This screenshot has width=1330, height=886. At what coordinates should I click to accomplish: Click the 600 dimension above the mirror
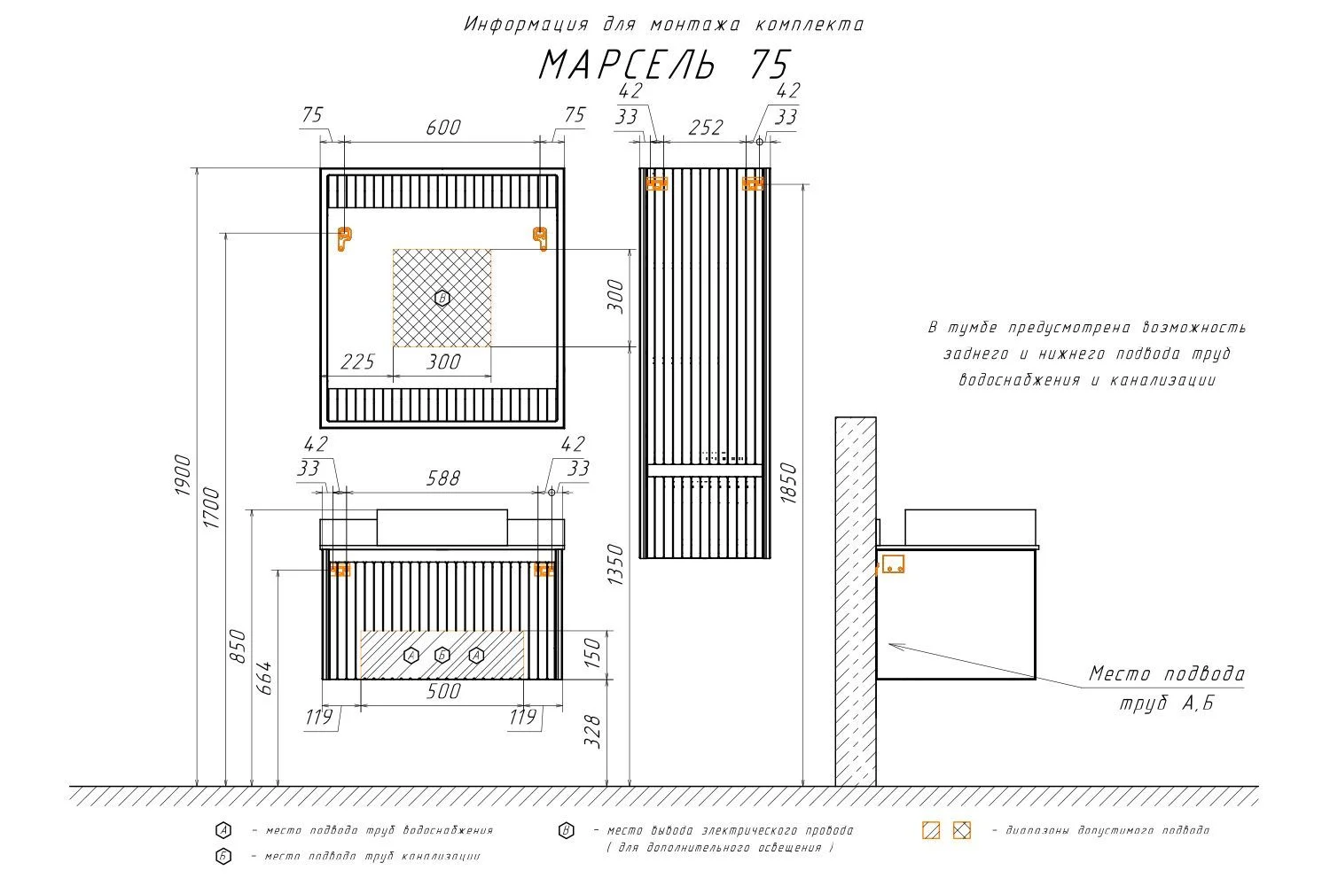pyautogui.click(x=442, y=128)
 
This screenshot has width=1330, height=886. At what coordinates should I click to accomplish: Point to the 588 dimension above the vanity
pyautogui.click(x=442, y=478)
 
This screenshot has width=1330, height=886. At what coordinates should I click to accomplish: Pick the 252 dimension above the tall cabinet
pyautogui.click(x=705, y=128)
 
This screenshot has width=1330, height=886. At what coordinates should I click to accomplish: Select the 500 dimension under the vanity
pyautogui.click(x=442, y=691)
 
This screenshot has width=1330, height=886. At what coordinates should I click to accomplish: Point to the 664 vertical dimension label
pyautogui.click(x=264, y=678)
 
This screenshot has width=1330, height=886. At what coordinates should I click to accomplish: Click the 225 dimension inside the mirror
pyautogui.click(x=358, y=361)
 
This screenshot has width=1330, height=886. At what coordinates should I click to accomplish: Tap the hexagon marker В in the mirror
pyautogui.click(x=442, y=299)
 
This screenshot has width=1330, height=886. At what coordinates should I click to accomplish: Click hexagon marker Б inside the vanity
pyautogui.click(x=442, y=656)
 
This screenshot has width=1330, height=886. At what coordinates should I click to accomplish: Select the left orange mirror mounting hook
pyautogui.click(x=344, y=237)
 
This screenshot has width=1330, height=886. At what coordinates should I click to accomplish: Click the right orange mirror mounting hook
pyautogui.click(x=540, y=237)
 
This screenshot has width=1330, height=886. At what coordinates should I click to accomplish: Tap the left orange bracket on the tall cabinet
pyautogui.click(x=656, y=183)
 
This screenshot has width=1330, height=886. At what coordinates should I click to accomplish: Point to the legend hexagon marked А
pyautogui.click(x=223, y=830)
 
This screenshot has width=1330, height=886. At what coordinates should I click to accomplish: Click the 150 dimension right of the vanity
pyautogui.click(x=592, y=654)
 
